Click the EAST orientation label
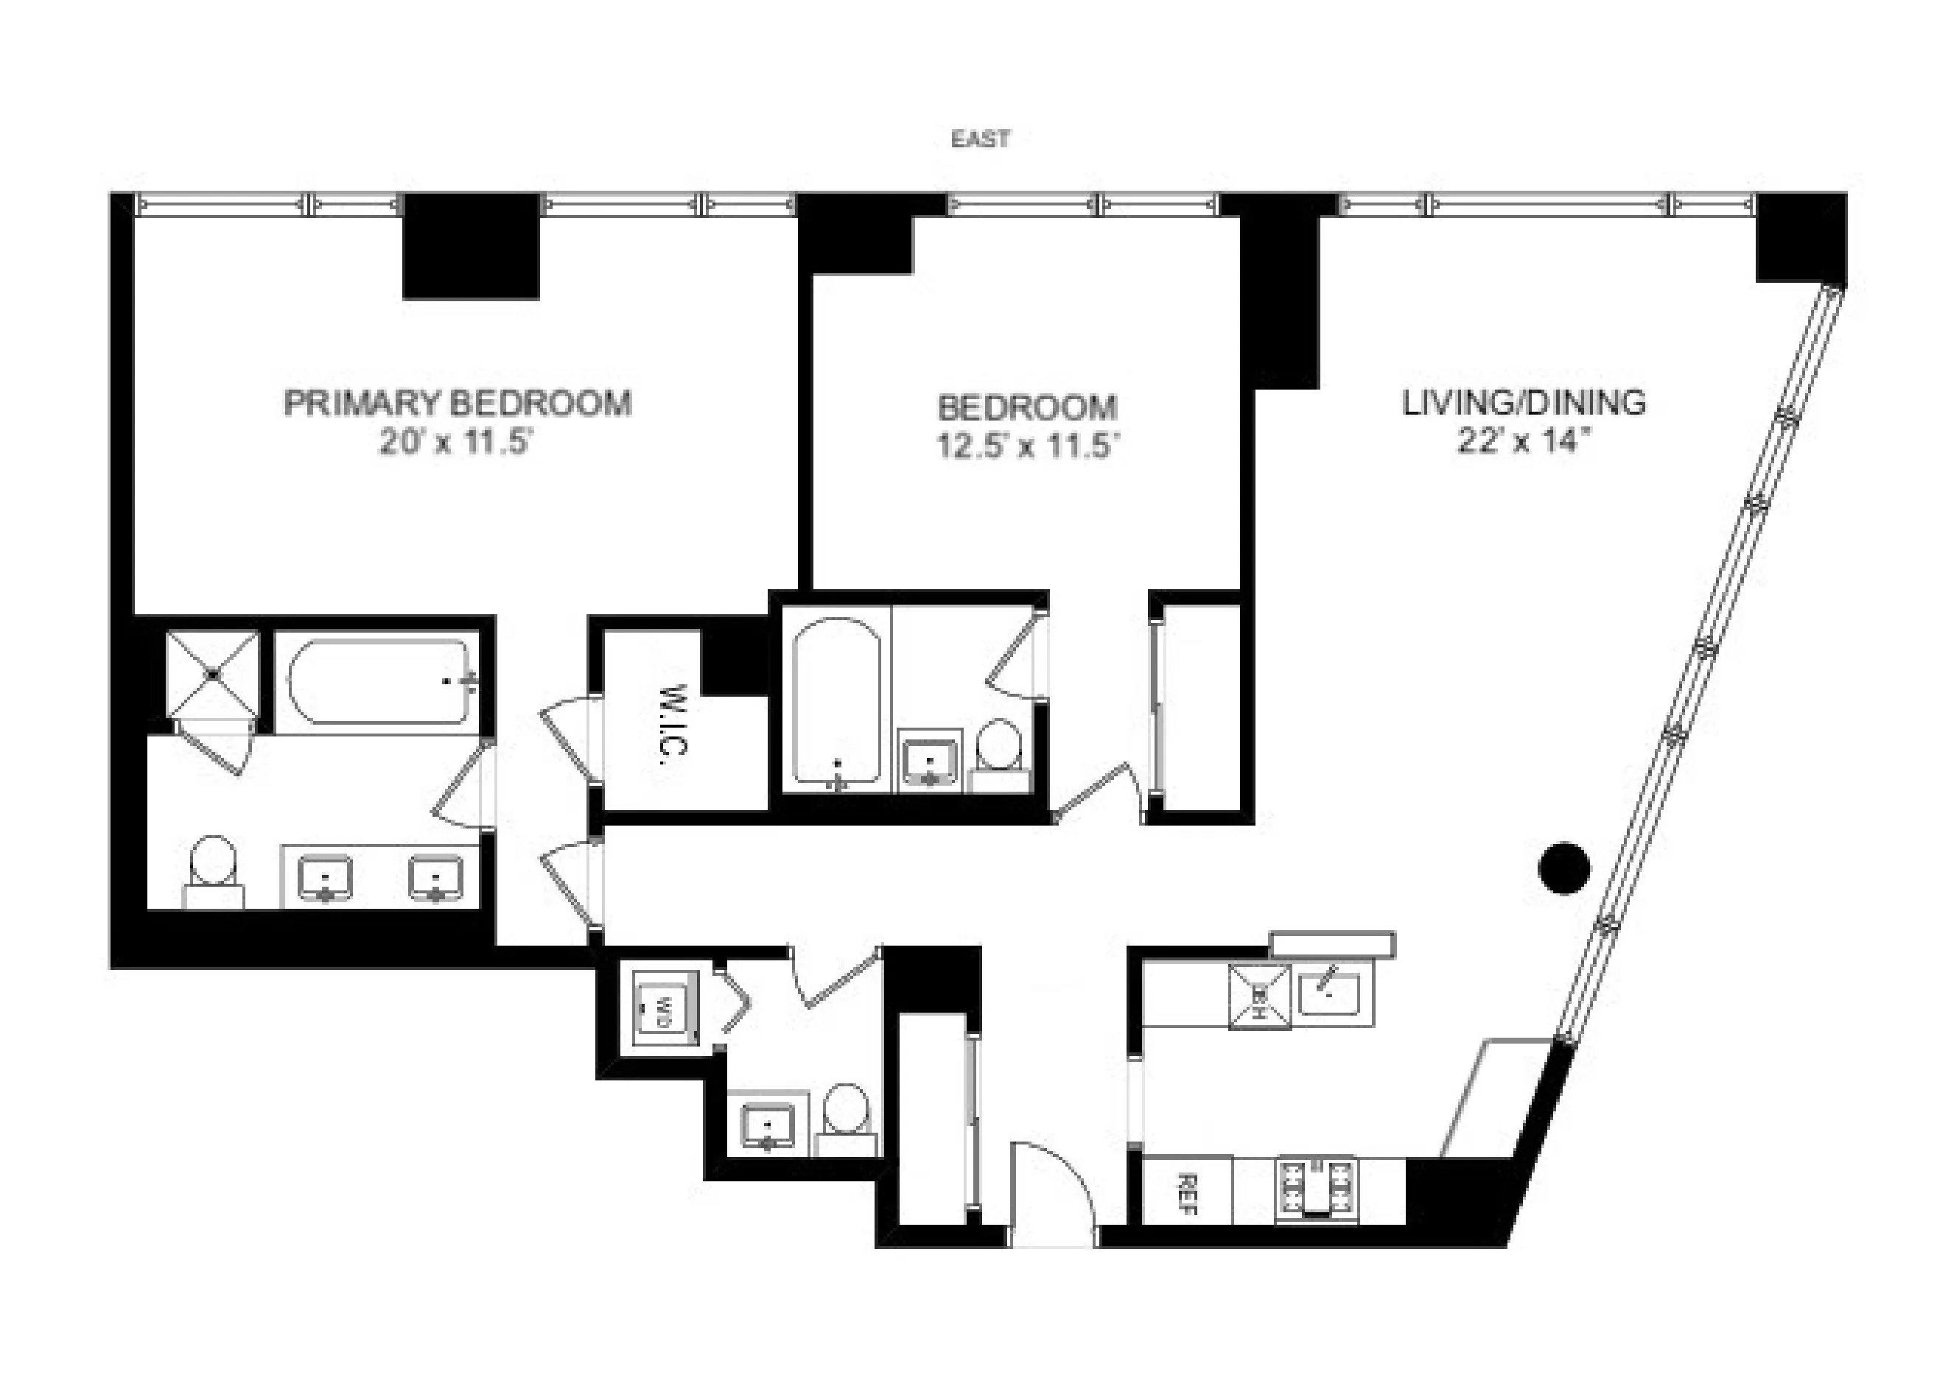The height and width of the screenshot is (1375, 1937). click(980, 139)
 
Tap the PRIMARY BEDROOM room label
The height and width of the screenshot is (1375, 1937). click(458, 403)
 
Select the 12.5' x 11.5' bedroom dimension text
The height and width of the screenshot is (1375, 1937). click(1029, 446)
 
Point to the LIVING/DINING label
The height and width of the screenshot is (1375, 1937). click(1524, 402)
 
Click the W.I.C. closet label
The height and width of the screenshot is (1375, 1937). click(674, 720)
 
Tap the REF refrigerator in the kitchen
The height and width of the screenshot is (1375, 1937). click(1187, 1195)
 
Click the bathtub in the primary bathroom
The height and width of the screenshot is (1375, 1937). click(379, 681)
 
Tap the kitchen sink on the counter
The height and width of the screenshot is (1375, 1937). click(1330, 994)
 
